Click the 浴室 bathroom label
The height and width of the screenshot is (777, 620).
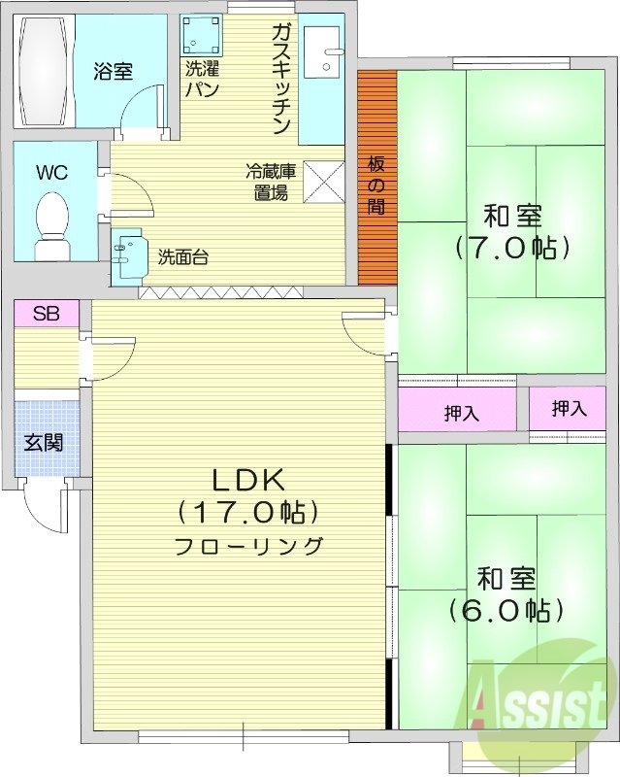coord(114,71)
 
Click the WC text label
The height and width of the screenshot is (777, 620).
coord(51,173)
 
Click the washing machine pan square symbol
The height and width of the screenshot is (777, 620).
coord(202,36)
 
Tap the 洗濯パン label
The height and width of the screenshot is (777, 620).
coord(203,80)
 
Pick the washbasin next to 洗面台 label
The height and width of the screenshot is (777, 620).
coord(129,255)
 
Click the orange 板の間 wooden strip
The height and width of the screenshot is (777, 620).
coord(376,177)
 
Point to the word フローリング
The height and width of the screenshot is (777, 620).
coord(248,546)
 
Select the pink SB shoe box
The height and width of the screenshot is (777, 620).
coord(47,314)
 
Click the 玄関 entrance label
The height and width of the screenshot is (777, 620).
coord(44,443)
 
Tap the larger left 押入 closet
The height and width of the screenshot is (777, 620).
coord(461,412)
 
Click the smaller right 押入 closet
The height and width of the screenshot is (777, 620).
coord(570,409)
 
